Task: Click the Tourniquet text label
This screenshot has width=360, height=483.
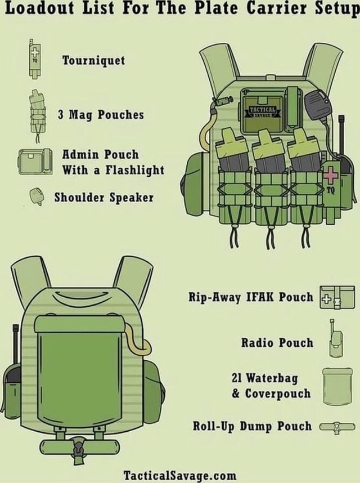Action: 93,60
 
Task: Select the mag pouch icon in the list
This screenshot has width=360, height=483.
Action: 37,114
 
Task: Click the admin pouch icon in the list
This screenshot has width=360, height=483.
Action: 34,162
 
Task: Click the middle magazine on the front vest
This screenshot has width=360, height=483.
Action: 268,156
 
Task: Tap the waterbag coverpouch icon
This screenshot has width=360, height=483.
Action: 337,386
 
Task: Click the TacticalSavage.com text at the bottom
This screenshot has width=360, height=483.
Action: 179,474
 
